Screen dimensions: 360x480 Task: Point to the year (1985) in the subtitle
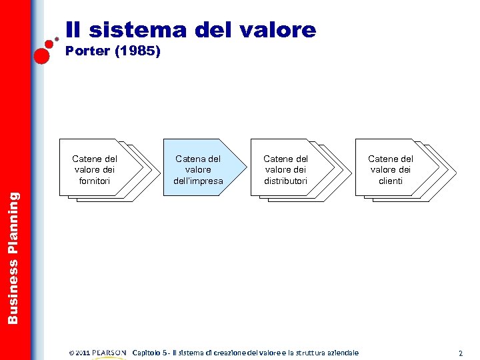point(137,51)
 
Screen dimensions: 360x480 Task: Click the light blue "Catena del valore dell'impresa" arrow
point(198,169)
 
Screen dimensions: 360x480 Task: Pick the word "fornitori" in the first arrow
point(95,181)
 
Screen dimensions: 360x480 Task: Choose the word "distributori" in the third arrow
point(285,181)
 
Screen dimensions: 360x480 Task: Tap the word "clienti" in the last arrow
point(391,181)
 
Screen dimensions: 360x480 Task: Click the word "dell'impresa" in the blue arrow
point(198,181)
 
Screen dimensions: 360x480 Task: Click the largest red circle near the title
point(42,55)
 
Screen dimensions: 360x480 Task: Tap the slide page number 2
point(460,353)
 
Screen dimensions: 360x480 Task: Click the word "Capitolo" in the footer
point(149,353)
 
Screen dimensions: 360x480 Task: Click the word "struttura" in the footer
point(296,353)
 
